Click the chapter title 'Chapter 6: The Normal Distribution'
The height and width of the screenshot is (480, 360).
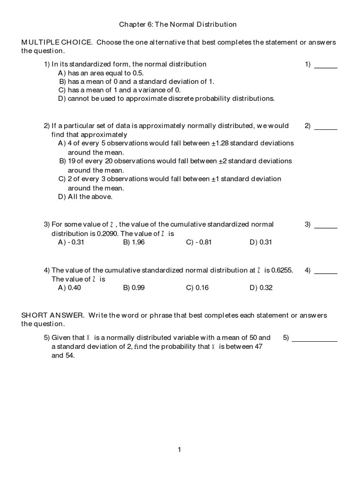[177, 24]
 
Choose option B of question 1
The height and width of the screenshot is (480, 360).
[136, 81]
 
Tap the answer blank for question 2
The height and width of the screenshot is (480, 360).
[326, 127]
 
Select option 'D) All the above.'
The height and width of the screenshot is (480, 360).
[85, 197]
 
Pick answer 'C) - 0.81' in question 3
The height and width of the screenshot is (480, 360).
[197, 242]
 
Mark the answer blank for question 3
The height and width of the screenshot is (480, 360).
[326, 225]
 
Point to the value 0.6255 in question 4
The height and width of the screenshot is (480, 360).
[282, 270]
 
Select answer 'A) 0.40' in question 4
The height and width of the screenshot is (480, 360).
[69, 288]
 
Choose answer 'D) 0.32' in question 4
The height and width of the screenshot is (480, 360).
[261, 288]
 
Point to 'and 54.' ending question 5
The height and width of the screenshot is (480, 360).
[63, 355]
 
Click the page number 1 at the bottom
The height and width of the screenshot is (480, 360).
[179, 450]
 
